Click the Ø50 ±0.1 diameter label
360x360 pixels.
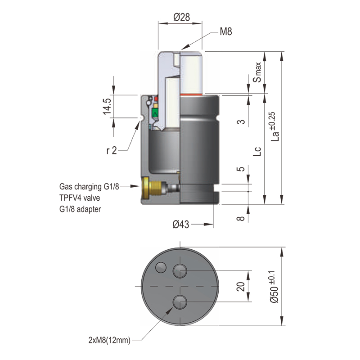[273, 292]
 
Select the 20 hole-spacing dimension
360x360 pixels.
[241, 286]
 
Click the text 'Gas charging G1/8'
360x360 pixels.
[89, 186]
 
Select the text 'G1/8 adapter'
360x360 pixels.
[81, 209]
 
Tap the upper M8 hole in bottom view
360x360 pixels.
[180, 270]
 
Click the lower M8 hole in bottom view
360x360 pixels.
[180, 302]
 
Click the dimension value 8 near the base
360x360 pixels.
[241, 218]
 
